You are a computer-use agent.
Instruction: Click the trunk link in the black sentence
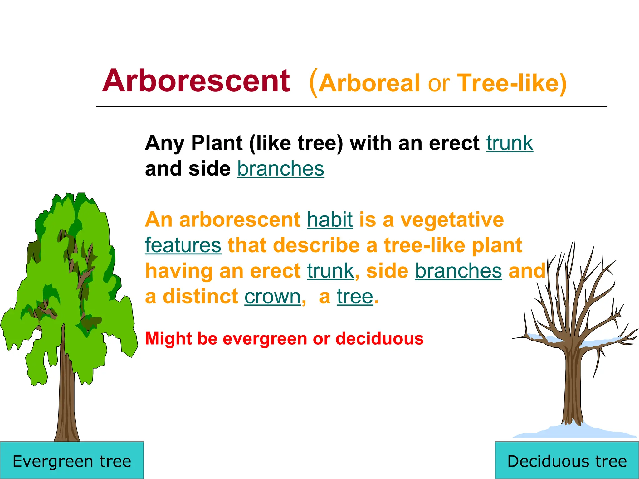[510, 143]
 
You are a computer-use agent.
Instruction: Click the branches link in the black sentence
[280, 169]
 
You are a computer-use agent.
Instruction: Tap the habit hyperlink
[330, 220]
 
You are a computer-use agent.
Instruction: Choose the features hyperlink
[183, 245]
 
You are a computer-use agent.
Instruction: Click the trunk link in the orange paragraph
[330, 271]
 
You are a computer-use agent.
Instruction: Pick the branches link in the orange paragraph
[458, 271]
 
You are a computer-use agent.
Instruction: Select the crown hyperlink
[272, 297]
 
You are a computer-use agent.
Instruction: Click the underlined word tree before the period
[355, 297]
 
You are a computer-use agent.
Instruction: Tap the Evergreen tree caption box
[72, 461]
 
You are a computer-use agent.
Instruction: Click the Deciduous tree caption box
[567, 461]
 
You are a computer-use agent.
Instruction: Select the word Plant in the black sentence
[217, 143]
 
